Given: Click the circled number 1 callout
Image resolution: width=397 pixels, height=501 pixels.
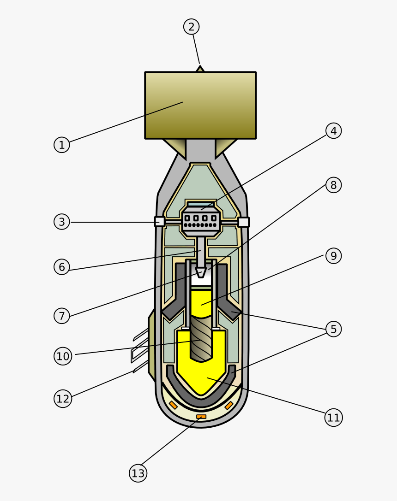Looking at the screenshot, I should (x=61, y=145).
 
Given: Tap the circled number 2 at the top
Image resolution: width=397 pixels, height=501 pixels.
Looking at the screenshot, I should (x=191, y=27).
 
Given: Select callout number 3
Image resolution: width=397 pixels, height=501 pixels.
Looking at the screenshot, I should (x=62, y=222).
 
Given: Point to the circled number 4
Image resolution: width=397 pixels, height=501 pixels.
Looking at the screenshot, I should (x=333, y=130).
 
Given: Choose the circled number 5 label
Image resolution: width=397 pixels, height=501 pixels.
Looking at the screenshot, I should (x=333, y=329).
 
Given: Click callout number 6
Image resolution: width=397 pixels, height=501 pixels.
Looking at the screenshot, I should (x=62, y=267).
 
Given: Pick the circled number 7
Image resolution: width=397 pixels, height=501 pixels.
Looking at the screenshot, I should (x=62, y=316).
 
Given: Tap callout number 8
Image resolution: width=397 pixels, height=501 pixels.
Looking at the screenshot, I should (x=333, y=185).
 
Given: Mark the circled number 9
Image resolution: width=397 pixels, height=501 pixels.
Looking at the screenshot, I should (x=333, y=255).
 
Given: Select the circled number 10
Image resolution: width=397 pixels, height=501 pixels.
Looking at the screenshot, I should (x=63, y=356).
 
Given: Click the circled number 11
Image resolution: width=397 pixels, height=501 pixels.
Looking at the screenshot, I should (x=333, y=418).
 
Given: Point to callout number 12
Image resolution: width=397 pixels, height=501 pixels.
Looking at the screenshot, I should (x=63, y=398).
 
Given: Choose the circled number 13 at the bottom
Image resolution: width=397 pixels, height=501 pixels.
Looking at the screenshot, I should (x=138, y=473).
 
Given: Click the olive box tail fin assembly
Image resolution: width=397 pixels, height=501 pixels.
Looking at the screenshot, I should (x=200, y=105).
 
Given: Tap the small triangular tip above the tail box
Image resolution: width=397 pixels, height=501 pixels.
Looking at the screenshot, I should (x=200, y=69).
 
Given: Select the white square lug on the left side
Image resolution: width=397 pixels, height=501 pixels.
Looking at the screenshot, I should (x=159, y=222).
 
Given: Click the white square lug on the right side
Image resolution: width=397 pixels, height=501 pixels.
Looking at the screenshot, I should (x=243, y=222).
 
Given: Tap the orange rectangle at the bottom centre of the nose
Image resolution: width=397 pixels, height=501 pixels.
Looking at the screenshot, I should (x=201, y=417).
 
